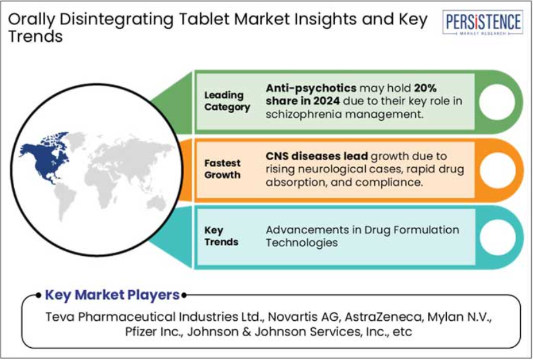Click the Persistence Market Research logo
(482, 22)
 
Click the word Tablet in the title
(204, 19)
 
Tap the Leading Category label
(227, 101)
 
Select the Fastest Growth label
(222, 169)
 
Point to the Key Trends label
(221, 237)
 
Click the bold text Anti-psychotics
(311, 88)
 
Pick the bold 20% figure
(425, 88)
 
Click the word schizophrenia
(303, 114)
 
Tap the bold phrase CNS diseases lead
(317, 156)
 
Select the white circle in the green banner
(496, 102)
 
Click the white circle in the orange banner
(496, 170)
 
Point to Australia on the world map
(156, 203)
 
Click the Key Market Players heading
(112, 294)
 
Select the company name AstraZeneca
(383, 317)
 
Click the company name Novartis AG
(303, 317)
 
